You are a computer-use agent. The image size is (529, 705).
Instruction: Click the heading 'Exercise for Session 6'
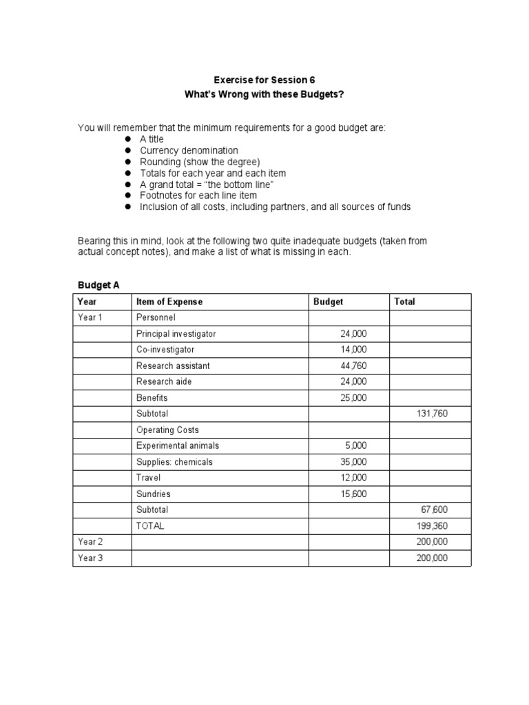pyautogui.click(x=264, y=80)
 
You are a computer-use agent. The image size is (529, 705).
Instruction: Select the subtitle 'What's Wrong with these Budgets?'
pyautogui.click(x=264, y=94)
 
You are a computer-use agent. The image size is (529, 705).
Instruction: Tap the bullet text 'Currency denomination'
pyautogui.click(x=189, y=150)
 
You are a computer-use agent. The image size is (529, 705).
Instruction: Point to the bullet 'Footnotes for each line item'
pyautogui.click(x=198, y=196)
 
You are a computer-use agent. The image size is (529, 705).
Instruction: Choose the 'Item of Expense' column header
pyautogui.click(x=169, y=302)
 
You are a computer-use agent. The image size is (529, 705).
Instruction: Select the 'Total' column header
pyautogui.click(x=404, y=302)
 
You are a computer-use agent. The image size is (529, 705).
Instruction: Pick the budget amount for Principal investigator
pyautogui.click(x=353, y=334)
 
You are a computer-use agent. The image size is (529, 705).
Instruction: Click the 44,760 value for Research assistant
pyautogui.click(x=353, y=366)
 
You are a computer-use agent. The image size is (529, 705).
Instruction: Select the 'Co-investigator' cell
pyautogui.click(x=165, y=350)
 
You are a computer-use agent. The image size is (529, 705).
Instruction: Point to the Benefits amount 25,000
pyautogui.click(x=353, y=398)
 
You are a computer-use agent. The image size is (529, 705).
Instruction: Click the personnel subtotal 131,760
pyautogui.click(x=431, y=414)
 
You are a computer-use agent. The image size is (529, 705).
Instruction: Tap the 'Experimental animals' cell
pyautogui.click(x=178, y=445)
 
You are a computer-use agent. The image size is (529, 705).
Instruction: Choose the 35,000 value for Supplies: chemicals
pyautogui.click(x=353, y=462)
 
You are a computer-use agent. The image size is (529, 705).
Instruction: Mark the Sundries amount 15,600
pyautogui.click(x=353, y=494)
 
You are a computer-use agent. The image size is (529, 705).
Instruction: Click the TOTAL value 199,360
pyautogui.click(x=431, y=526)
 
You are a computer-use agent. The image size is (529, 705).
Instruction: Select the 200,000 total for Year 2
pyautogui.click(x=431, y=542)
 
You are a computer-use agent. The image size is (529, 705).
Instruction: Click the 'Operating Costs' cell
pyautogui.click(x=167, y=430)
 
